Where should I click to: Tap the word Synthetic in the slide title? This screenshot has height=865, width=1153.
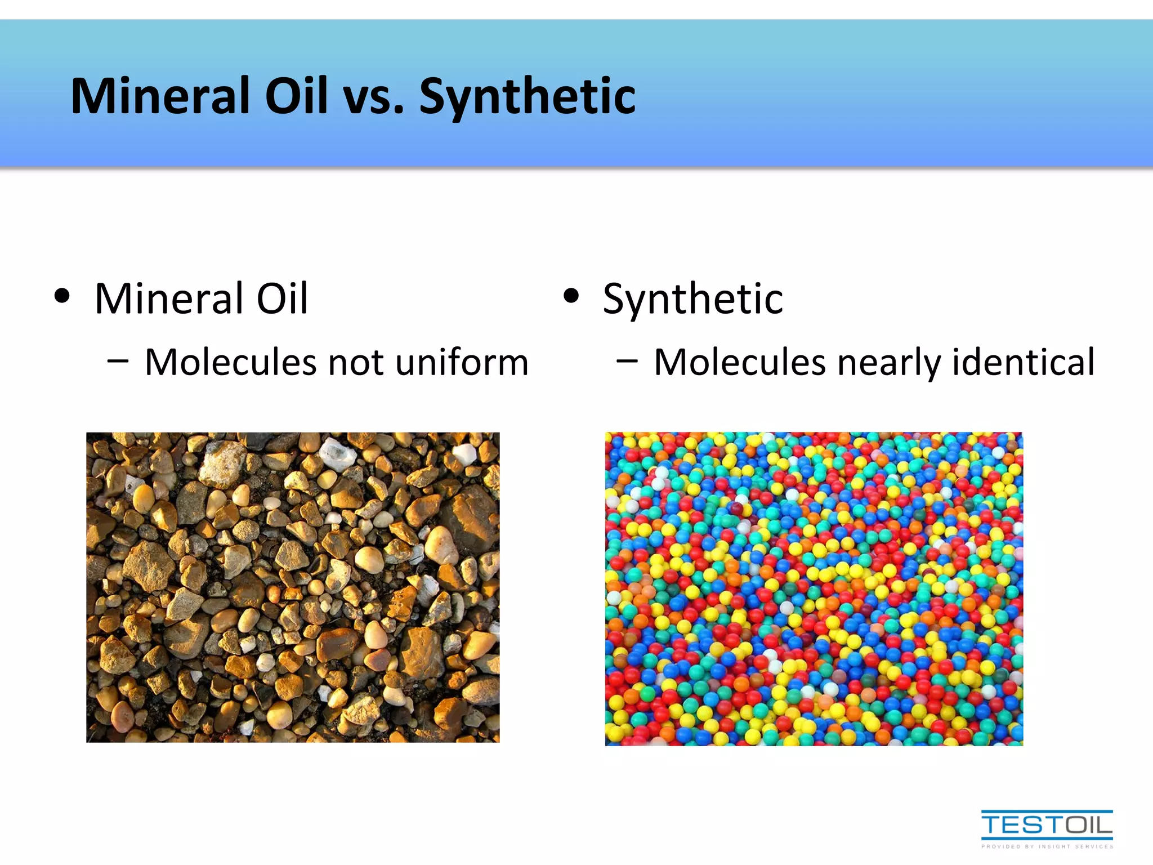pyautogui.click(x=528, y=97)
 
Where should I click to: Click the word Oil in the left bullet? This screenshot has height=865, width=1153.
pyautogui.click(x=282, y=298)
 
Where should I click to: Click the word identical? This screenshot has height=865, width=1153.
pyautogui.click(x=1023, y=362)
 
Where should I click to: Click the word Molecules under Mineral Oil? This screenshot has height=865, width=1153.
pyautogui.click(x=230, y=362)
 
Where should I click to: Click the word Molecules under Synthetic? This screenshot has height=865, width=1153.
pyautogui.click(x=739, y=362)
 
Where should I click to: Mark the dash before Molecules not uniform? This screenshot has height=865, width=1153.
pyautogui.click(x=118, y=361)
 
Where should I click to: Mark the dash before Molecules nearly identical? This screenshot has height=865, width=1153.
pyautogui.click(x=627, y=361)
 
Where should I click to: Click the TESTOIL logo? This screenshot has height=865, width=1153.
pyautogui.click(x=1047, y=825)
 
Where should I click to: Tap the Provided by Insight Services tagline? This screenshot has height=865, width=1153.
pyautogui.click(x=1047, y=846)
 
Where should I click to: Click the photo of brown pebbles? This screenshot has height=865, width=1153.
pyautogui.click(x=293, y=587)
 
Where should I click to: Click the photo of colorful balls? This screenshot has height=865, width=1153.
pyautogui.click(x=814, y=589)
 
